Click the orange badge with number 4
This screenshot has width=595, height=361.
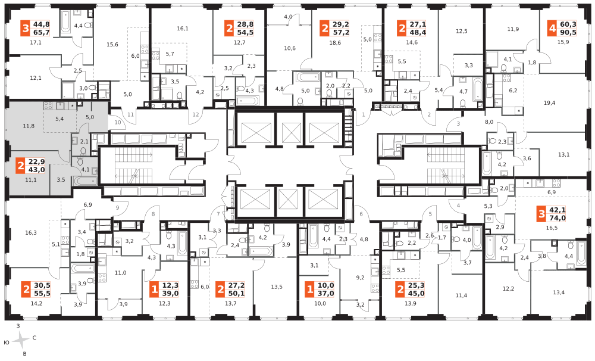point(552,29)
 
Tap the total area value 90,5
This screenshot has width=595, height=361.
point(568,33)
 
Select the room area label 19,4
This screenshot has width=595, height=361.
point(549,102)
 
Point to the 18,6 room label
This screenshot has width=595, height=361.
point(334,43)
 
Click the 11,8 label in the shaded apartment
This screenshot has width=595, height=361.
point(29,126)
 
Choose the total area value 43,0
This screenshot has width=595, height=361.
point(36,170)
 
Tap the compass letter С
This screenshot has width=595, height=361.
point(34,338)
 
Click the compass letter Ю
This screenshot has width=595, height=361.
point(6,343)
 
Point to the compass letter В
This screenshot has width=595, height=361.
point(25,354)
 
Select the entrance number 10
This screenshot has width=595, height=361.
point(118,122)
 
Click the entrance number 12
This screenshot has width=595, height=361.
point(196,114)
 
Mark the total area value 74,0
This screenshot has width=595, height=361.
point(558,218)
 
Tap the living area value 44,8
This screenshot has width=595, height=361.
point(42,24)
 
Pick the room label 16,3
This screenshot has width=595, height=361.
point(31,232)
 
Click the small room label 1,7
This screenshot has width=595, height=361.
point(441,238)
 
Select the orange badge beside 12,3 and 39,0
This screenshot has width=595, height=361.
point(154,290)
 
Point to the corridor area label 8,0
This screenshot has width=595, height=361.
point(489,122)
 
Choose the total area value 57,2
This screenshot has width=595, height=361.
point(341,33)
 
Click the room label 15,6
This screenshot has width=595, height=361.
point(112,45)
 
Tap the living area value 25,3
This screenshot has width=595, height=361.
point(416,285)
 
